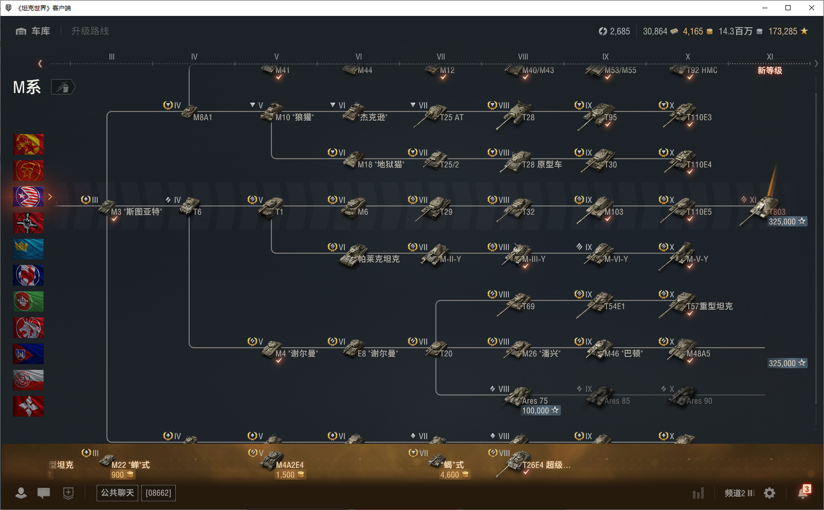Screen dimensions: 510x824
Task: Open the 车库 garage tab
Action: (x=34, y=31)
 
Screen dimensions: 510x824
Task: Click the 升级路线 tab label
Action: (x=90, y=31)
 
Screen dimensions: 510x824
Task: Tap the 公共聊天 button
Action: (x=117, y=493)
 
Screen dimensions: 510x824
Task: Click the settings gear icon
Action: (x=770, y=493)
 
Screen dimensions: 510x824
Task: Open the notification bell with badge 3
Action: (x=803, y=493)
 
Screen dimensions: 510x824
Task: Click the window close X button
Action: (x=812, y=8)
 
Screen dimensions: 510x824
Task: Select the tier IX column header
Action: (x=606, y=56)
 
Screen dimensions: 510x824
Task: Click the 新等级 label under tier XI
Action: (x=770, y=70)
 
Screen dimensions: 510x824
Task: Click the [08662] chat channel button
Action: (x=158, y=493)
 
